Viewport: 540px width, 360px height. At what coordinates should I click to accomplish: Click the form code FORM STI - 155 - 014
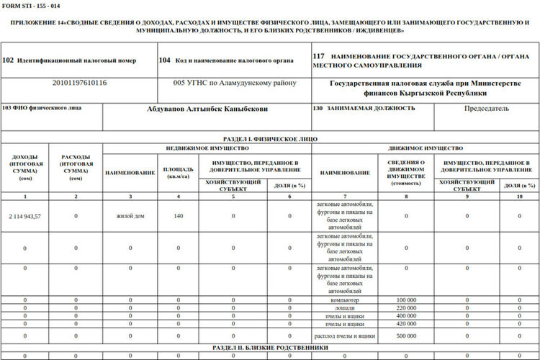30,6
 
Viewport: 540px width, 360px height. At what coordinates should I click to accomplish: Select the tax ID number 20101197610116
79,83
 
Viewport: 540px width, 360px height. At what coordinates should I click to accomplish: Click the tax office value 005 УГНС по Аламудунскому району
235,83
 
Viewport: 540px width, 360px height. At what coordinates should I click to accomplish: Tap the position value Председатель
487,109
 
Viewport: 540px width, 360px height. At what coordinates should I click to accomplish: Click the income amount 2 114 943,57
25,216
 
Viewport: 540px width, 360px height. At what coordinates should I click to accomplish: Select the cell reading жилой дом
130,216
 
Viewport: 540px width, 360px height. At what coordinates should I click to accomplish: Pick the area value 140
179,216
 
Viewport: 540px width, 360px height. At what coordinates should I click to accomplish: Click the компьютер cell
345,300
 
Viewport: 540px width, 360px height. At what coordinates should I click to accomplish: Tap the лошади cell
345,307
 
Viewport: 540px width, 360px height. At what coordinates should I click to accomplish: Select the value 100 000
407,300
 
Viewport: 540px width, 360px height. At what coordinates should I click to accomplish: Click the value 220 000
407,307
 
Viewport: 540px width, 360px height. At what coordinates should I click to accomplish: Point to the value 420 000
407,323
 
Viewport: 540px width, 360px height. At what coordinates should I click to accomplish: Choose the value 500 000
407,336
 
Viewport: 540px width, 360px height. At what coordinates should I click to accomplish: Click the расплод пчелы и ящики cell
345,336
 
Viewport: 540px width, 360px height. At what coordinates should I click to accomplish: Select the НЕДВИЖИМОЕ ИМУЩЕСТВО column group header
207,148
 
